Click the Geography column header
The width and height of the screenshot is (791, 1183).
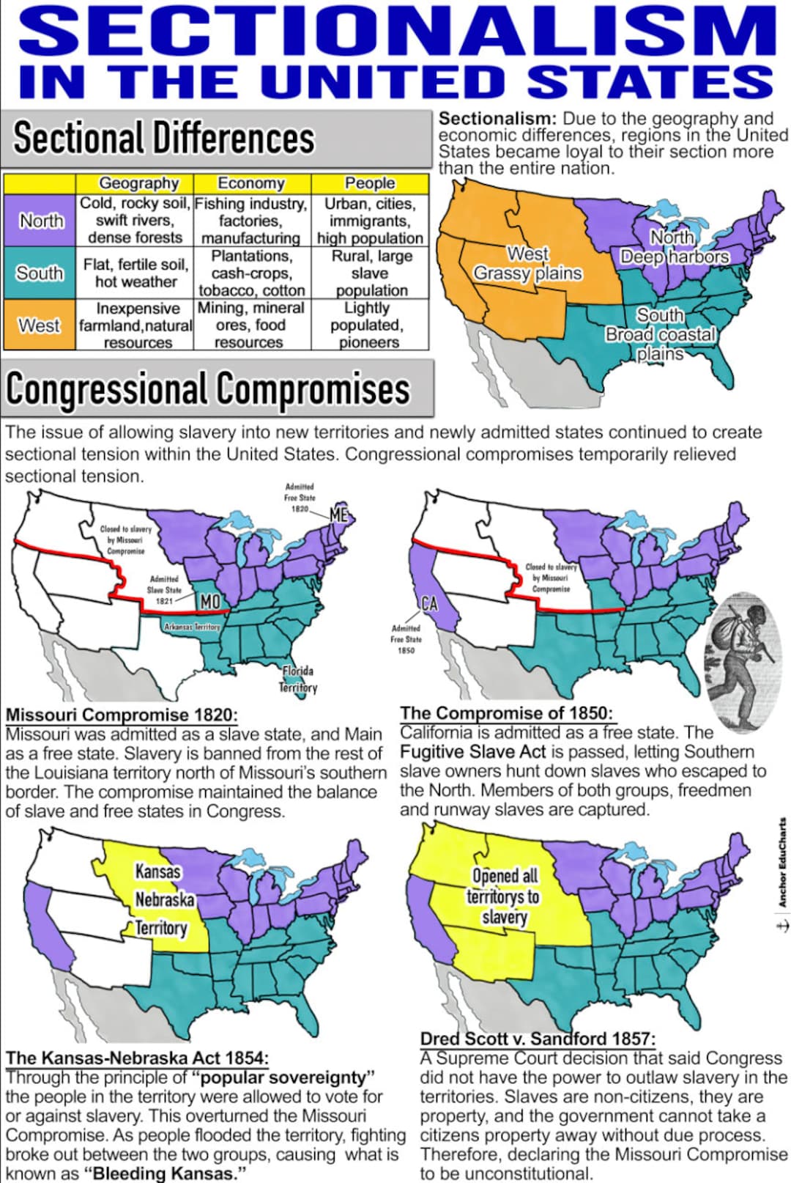click(138, 183)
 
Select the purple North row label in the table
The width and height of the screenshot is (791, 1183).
click(40, 220)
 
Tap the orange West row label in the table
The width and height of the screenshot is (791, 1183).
click(39, 325)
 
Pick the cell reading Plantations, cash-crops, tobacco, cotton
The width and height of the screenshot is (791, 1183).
click(252, 273)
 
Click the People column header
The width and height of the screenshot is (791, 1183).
click(370, 183)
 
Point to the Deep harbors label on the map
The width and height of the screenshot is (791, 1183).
click(675, 257)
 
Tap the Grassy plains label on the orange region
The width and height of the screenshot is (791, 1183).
click(527, 273)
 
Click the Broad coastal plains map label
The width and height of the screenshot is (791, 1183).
click(660, 335)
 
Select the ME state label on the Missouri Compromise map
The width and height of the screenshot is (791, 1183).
click(338, 515)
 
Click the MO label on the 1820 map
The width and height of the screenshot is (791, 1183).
click(210, 602)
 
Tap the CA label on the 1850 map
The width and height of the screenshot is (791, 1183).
click(429, 604)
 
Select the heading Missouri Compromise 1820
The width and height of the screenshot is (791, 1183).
click(122, 715)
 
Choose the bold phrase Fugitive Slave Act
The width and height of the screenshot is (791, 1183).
click(472, 752)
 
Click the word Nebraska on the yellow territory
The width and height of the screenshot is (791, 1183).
click(165, 899)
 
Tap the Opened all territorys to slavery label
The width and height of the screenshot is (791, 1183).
click(505, 896)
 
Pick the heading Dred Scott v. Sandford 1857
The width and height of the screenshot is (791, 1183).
click(538, 1039)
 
